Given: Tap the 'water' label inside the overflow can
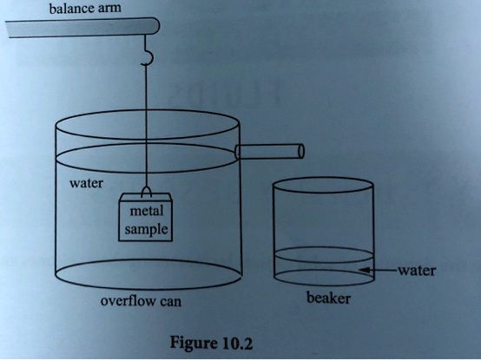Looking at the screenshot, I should coord(87,184).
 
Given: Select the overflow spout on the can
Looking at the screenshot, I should coord(269,152).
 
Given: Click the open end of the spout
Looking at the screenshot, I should coord(301,151).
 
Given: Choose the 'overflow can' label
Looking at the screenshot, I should coord(141,302).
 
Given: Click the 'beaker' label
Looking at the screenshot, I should coord(328,299).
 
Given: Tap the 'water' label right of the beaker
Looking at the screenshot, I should coord(416,270).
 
